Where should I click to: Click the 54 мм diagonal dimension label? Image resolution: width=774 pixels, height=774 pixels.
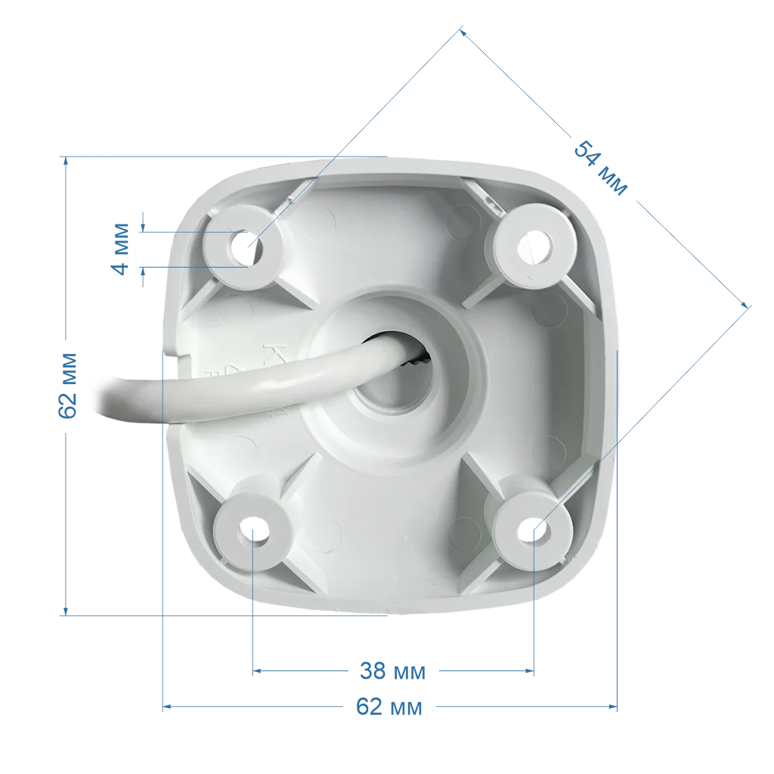(600, 169)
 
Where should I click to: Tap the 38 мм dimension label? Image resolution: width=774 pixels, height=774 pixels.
(392, 671)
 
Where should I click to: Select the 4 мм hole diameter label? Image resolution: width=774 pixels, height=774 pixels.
(120, 249)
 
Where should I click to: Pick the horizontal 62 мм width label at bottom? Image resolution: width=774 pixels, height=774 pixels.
(389, 707)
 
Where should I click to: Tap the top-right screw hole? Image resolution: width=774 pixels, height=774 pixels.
(534, 246)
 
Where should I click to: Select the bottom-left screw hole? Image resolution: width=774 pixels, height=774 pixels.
(253, 532)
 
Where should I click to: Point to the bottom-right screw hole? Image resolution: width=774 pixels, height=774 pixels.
(534, 531)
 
